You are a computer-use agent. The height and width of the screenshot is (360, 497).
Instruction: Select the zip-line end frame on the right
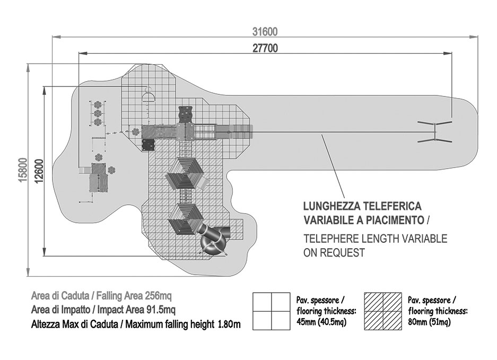click(434, 132)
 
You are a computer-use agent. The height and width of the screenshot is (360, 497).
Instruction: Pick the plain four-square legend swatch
click(271, 311)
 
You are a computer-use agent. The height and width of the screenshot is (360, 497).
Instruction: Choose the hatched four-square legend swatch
click(383, 311)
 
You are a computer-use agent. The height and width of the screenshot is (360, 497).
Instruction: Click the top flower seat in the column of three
click(98, 104)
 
